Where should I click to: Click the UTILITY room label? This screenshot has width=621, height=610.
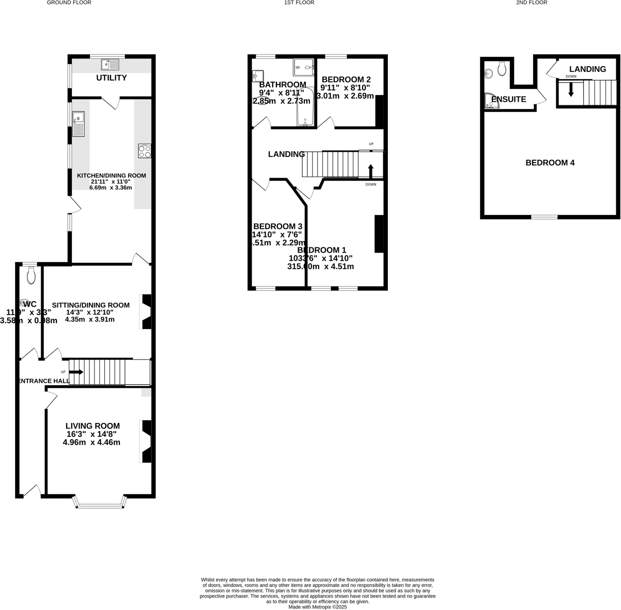pyautogui.click(x=112, y=78)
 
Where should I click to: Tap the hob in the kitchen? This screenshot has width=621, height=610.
pyautogui.click(x=145, y=150)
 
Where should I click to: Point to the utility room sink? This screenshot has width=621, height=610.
pyautogui.click(x=111, y=65)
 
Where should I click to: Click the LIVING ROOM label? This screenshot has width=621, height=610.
pyautogui.click(x=92, y=426)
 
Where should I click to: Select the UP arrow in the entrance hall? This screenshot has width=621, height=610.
pyautogui.click(x=76, y=372)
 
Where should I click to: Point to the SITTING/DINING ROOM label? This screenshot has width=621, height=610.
pyautogui.click(x=90, y=305)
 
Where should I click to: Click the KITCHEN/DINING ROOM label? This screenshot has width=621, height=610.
pyautogui.click(x=112, y=176)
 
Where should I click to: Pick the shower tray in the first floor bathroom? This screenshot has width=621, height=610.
pyautogui.click(x=304, y=67)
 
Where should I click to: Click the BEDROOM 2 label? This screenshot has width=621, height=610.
pyautogui.click(x=346, y=80)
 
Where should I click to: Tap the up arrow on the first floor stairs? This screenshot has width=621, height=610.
pyautogui.click(x=370, y=171)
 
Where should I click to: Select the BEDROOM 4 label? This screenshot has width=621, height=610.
pyautogui.click(x=550, y=163)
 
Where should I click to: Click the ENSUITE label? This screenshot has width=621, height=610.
pyautogui.click(x=509, y=99)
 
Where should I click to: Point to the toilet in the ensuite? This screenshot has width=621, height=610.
pyautogui.click(x=501, y=68)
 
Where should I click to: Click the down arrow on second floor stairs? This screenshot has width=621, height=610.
pyautogui.click(x=571, y=89)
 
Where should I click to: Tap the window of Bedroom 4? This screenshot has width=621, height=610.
pyautogui.click(x=545, y=217)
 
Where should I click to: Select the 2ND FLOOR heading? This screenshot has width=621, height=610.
pyautogui.click(x=532, y=3)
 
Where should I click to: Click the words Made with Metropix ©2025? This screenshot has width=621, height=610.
pyautogui.click(x=318, y=607)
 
